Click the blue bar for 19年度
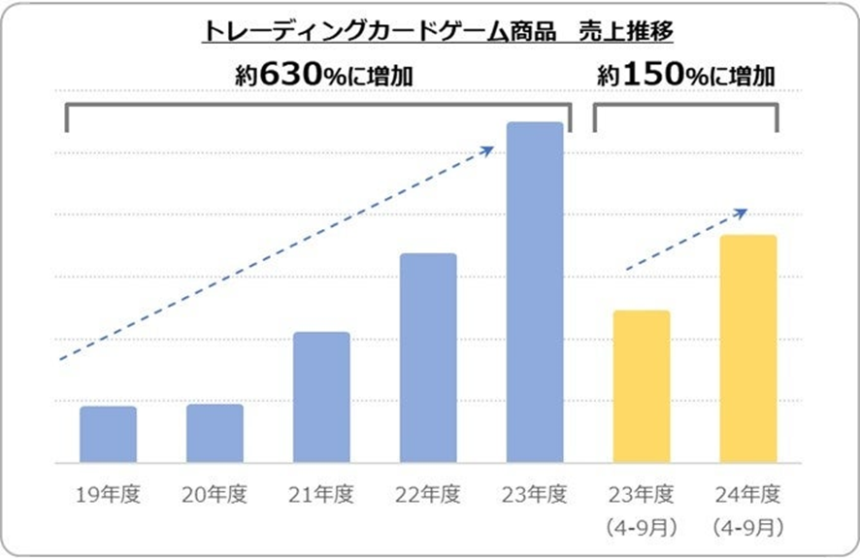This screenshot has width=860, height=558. coord(108,434)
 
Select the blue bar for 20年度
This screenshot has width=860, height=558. coord(215,433)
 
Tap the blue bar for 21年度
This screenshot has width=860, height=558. coord(321,397)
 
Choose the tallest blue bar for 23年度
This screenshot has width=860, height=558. coord(535,292)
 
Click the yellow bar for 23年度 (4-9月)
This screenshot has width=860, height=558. coord(641,386)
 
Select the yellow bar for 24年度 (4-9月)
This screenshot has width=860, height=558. coord(747,348)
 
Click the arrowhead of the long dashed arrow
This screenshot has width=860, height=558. coord(490,149)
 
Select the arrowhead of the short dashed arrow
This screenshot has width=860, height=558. coord(742,212)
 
